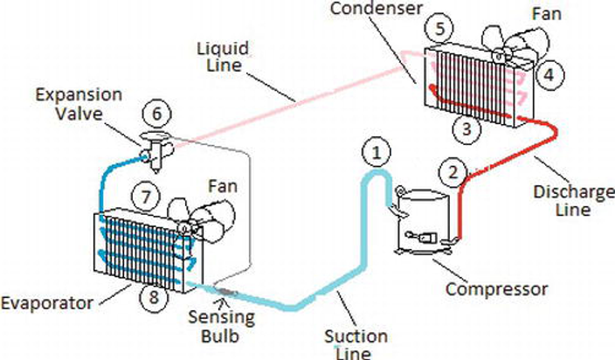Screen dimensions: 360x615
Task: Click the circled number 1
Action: pyautogui.click(x=376, y=155)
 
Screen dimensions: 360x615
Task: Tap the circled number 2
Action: pyautogui.click(x=452, y=170)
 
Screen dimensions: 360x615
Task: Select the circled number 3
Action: pyautogui.click(x=466, y=129)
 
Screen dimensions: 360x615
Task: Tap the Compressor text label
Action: pyautogui.click(x=499, y=288)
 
